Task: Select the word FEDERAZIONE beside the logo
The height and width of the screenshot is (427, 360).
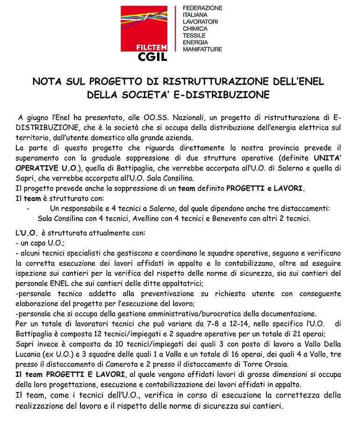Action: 202,8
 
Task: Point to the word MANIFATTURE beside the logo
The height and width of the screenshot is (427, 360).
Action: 202,49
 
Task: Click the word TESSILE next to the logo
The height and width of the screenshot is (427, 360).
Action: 194,36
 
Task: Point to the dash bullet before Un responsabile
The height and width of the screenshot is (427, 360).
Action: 29,208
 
